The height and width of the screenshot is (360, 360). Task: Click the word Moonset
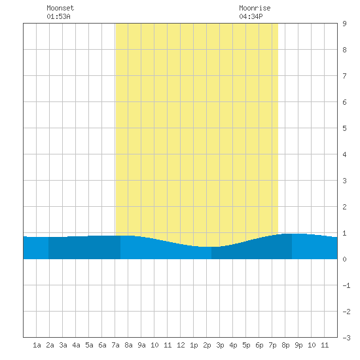(x=60, y=8)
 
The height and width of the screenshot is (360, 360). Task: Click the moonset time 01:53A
(x=58, y=16)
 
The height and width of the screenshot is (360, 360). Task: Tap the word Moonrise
(x=255, y=8)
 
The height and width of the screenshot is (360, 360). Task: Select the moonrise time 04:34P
(x=251, y=16)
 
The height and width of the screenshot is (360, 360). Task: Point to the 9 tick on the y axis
(x=344, y=24)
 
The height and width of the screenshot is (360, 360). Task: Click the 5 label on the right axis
(x=344, y=128)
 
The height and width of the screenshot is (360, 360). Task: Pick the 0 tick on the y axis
(x=344, y=259)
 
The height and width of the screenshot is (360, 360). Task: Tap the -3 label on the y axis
(x=346, y=338)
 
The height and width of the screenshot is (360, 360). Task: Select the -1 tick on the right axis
(x=346, y=285)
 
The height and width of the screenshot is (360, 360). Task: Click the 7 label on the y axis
(x=344, y=76)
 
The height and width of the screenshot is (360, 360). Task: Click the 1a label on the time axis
(x=37, y=345)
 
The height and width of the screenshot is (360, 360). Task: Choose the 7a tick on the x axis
(x=115, y=345)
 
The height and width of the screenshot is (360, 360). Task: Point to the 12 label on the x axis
(x=181, y=345)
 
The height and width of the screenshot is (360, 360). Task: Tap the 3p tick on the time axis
(x=220, y=345)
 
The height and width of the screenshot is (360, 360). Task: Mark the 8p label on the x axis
(x=285, y=345)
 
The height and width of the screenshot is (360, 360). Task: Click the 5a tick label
(x=89, y=345)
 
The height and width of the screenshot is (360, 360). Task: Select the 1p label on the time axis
(x=194, y=345)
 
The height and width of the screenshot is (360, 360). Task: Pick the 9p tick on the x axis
(x=298, y=345)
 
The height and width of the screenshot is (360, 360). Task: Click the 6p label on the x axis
(x=259, y=345)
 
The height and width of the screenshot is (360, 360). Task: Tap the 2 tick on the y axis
(x=344, y=207)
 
